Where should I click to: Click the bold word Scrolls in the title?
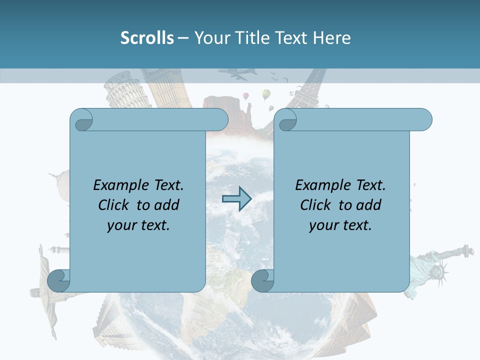tap(147, 38)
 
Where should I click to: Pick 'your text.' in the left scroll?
tap(138, 225)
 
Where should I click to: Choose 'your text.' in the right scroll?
tap(340, 225)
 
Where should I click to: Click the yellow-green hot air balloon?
tap(266, 94)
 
